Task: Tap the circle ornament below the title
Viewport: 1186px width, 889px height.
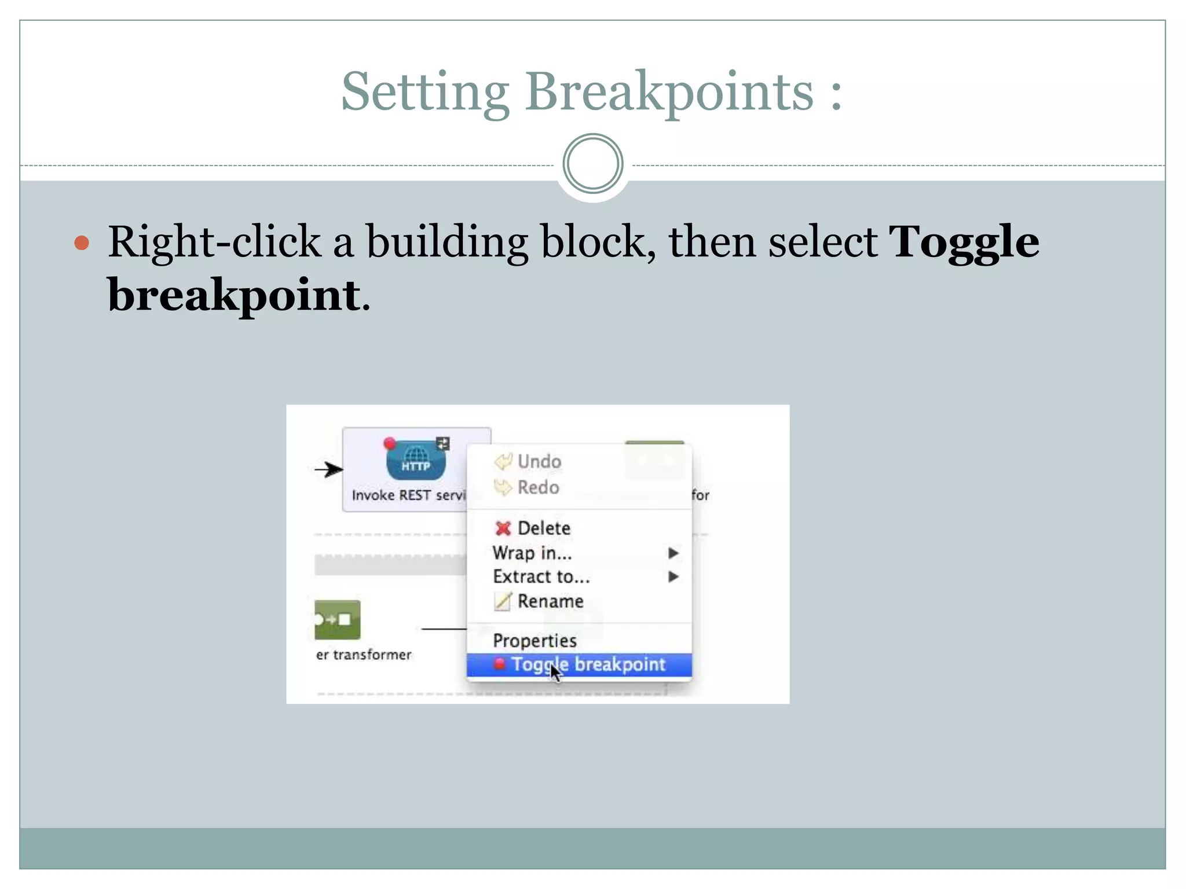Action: click(x=592, y=164)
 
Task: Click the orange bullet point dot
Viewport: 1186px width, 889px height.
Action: click(x=82, y=243)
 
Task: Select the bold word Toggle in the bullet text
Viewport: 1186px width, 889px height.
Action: click(x=964, y=242)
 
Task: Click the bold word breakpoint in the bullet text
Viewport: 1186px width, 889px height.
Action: click(x=234, y=295)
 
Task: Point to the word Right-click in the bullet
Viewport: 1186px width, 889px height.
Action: click(x=214, y=242)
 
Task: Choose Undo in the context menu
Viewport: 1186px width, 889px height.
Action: click(x=539, y=461)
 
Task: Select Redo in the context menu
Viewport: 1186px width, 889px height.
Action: click(x=538, y=487)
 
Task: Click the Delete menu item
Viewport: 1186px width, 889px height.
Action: click(x=543, y=528)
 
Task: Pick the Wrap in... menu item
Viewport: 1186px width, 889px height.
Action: click(x=532, y=553)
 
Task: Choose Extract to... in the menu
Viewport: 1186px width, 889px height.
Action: click(x=541, y=576)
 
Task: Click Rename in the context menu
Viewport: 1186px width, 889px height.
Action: click(x=550, y=601)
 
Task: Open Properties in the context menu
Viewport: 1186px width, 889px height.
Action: click(x=535, y=640)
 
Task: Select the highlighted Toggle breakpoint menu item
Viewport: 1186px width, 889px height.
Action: click(x=587, y=664)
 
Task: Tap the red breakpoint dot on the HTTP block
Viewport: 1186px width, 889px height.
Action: click(x=390, y=444)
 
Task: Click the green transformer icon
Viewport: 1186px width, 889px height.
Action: click(x=337, y=619)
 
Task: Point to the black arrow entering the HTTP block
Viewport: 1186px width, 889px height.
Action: click(x=329, y=469)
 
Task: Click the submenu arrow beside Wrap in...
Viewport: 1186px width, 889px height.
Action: click(x=673, y=553)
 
